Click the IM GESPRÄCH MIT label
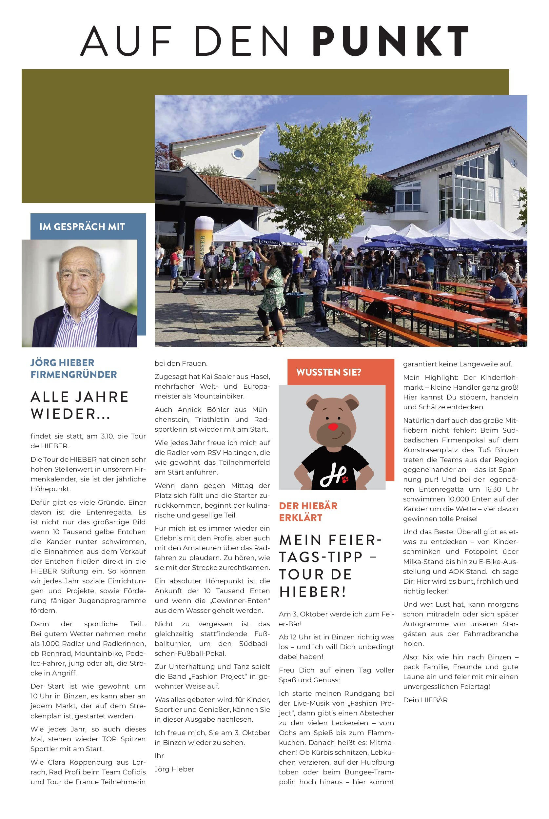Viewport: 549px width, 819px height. [x=82, y=227]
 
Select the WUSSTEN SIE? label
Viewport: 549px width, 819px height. [x=328, y=372]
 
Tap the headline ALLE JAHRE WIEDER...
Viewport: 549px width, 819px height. [x=80, y=405]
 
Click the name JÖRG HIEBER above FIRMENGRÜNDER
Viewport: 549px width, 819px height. [x=62, y=362]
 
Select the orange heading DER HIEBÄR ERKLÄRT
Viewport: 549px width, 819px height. [x=308, y=512]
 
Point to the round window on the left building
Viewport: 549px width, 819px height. [x=238, y=153]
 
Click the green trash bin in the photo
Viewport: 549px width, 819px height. [x=296, y=304]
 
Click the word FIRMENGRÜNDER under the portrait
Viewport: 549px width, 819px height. [x=73, y=375]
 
